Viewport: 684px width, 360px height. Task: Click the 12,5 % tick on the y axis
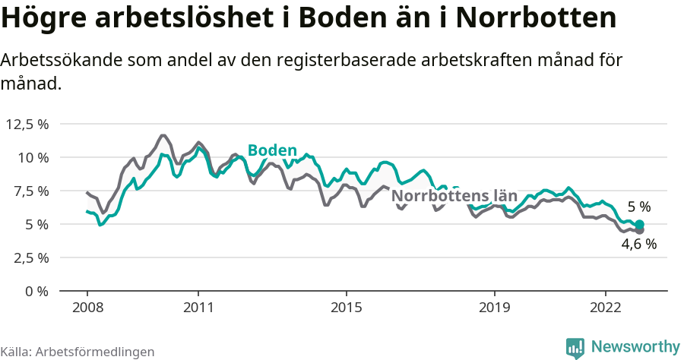pyautogui.click(x=27, y=124)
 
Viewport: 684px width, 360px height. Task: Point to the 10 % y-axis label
pyautogui.click(x=33, y=157)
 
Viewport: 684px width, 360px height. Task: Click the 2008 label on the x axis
pyautogui.click(x=87, y=308)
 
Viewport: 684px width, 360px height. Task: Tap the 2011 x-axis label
pyautogui.click(x=198, y=308)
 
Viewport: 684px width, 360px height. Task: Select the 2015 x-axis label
pyautogui.click(x=347, y=308)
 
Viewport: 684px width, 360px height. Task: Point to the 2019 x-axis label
pyautogui.click(x=495, y=308)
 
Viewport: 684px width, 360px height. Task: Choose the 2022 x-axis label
pyautogui.click(x=606, y=308)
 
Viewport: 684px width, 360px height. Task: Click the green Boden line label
pyautogui.click(x=272, y=150)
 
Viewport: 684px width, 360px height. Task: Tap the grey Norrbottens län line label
pyautogui.click(x=454, y=195)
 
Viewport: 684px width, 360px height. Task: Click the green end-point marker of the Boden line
pyautogui.click(x=640, y=224)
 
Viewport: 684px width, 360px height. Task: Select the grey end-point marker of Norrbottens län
pyautogui.click(x=640, y=230)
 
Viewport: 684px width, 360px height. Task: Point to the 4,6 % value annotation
pyautogui.click(x=638, y=245)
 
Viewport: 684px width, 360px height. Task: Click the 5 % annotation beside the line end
pyautogui.click(x=639, y=207)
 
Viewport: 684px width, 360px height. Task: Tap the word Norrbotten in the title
pyautogui.click(x=537, y=18)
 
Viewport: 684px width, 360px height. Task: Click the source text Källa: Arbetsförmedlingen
pyautogui.click(x=78, y=352)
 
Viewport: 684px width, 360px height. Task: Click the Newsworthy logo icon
pyautogui.click(x=576, y=347)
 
